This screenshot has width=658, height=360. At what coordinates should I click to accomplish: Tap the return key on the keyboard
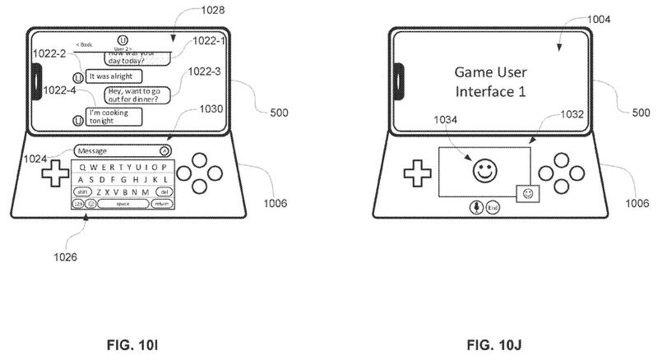click(x=162, y=202)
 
